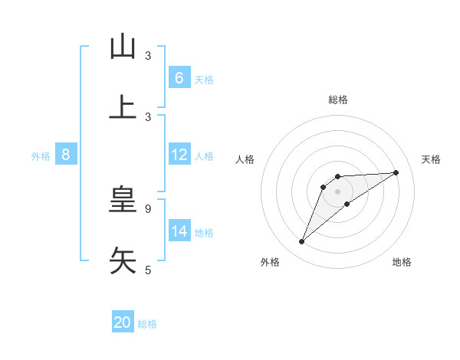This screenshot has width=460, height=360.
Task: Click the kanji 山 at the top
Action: [x=123, y=47]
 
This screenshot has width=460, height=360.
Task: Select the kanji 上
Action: [x=123, y=108]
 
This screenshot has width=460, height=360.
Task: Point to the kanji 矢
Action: [x=123, y=260]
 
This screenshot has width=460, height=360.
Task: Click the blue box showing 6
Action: [x=179, y=78]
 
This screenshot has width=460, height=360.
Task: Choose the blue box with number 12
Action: [x=179, y=155]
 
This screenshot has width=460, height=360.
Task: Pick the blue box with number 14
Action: [x=179, y=231]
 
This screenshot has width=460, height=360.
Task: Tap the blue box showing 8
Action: [x=66, y=155]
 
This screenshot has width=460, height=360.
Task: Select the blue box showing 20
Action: [x=123, y=322]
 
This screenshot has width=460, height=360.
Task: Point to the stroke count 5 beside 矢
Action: [x=148, y=270]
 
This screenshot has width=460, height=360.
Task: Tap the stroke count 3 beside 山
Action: [x=148, y=56]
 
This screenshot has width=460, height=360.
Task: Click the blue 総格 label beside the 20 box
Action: [x=148, y=324]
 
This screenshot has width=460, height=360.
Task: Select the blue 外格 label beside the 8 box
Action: [x=41, y=156]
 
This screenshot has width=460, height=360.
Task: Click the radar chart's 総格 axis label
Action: [x=338, y=100]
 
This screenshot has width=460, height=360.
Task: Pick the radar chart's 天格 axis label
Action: [x=431, y=159]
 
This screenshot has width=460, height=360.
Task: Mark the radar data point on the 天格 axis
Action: [x=396, y=172]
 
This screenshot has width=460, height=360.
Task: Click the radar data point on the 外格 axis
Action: [x=302, y=242]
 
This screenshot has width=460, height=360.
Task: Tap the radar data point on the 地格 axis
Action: [x=347, y=204]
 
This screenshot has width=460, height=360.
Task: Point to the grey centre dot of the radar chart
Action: [x=338, y=191]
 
